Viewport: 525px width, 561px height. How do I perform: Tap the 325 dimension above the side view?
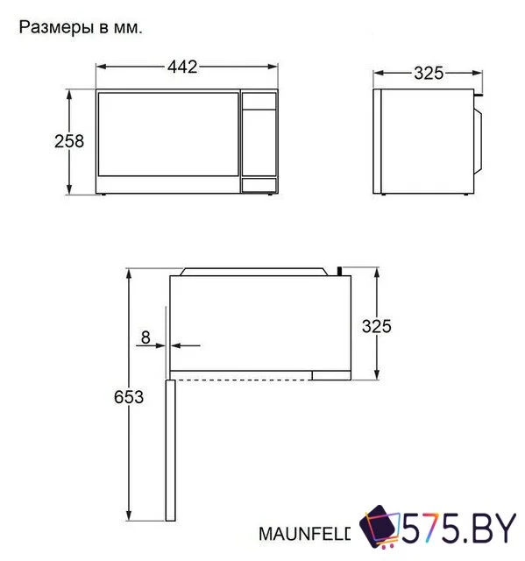point(429,73)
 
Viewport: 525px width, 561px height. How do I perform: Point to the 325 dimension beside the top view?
point(377,326)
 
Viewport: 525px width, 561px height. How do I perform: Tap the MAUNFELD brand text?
point(305,533)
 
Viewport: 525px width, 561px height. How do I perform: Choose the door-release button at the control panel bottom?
point(258,184)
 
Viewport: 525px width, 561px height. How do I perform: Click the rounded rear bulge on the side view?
point(479,138)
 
